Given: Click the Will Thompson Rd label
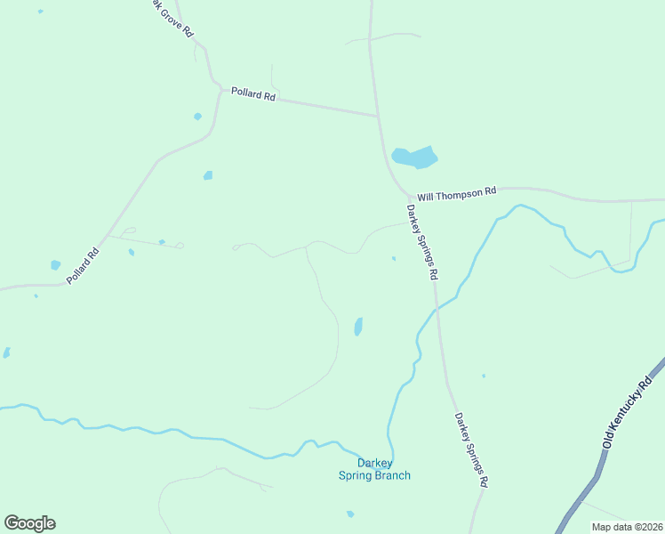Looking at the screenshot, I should [x=457, y=192].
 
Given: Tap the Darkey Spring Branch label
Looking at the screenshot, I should [x=374, y=469].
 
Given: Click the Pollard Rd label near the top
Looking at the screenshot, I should [x=253, y=93].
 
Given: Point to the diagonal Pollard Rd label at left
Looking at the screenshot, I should [x=82, y=266].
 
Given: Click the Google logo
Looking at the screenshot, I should [x=29, y=523].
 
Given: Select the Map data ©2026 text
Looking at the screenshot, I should [x=627, y=527].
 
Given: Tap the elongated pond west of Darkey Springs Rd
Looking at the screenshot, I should [x=358, y=327].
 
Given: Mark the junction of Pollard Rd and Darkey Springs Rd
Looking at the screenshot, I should [x=379, y=116].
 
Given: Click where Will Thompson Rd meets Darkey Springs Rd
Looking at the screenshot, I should [x=411, y=196].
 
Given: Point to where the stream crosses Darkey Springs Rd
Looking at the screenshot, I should [x=436, y=309].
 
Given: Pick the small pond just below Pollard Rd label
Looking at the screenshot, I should [x=197, y=117].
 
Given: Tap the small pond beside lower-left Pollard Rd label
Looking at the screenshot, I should [x=56, y=264].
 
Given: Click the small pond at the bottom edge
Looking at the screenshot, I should [x=350, y=514].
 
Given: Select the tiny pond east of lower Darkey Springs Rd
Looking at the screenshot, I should [x=484, y=376].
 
